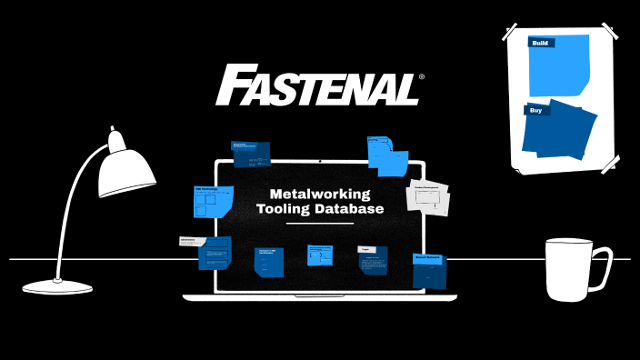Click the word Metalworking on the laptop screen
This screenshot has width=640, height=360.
tap(319, 194)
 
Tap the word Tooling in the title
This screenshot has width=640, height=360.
tap(280, 209)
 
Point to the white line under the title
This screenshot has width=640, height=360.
tap(319, 223)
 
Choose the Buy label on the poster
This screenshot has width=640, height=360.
tap(537, 110)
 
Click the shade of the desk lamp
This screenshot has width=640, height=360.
tap(125, 169)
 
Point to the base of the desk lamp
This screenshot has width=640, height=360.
tap(57, 286)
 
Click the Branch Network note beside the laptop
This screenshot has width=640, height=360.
tap(428, 269)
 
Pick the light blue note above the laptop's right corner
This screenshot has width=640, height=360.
tap(386, 155)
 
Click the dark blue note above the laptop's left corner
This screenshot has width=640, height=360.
tap(252, 154)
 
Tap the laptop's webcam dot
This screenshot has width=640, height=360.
tap(320, 163)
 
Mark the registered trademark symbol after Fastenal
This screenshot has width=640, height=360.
tap(419, 77)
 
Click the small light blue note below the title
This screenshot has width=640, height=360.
tap(319, 255)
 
